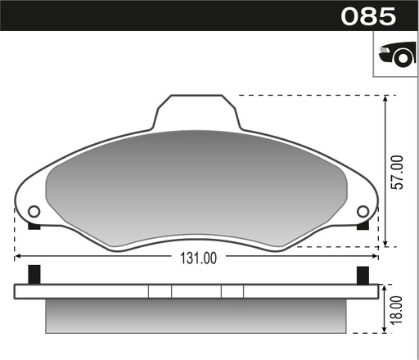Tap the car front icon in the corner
395,55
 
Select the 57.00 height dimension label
398,172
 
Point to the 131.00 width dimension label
197,259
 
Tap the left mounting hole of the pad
34,212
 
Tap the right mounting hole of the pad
363,212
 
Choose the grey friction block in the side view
197,315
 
